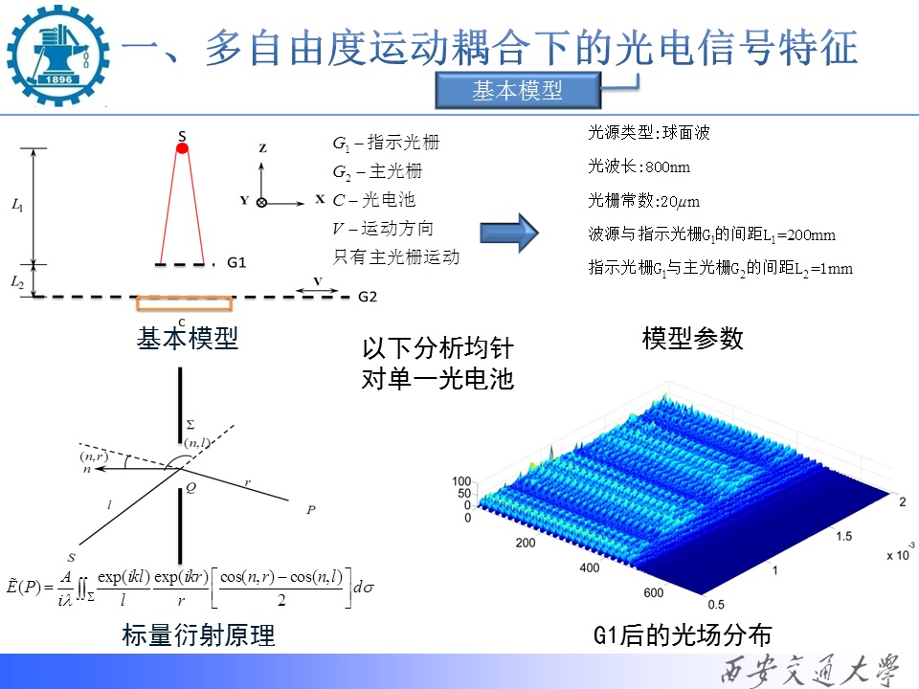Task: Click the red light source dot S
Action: [182, 148]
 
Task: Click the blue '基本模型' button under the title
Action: [518, 90]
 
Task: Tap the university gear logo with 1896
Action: [57, 56]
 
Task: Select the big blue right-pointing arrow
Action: [508, 233]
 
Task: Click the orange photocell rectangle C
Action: [184, 303]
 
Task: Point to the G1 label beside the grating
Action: [236, 262]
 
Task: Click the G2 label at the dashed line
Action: [368, 297]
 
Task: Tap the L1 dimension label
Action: [17, 205]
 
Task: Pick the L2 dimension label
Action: [17, 282]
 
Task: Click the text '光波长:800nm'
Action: [639, 167]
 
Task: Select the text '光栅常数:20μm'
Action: [643, 201]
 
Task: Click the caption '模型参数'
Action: [692, 339]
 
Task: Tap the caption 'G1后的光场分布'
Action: [683, 635]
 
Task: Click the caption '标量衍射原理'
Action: [198, 635]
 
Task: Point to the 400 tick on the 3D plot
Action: [590, 567]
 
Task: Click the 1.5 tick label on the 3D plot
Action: [844, 536]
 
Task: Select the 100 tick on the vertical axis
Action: [461, 481]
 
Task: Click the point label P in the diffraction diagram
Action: [310, 510]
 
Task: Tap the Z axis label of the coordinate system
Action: [262, 148]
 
